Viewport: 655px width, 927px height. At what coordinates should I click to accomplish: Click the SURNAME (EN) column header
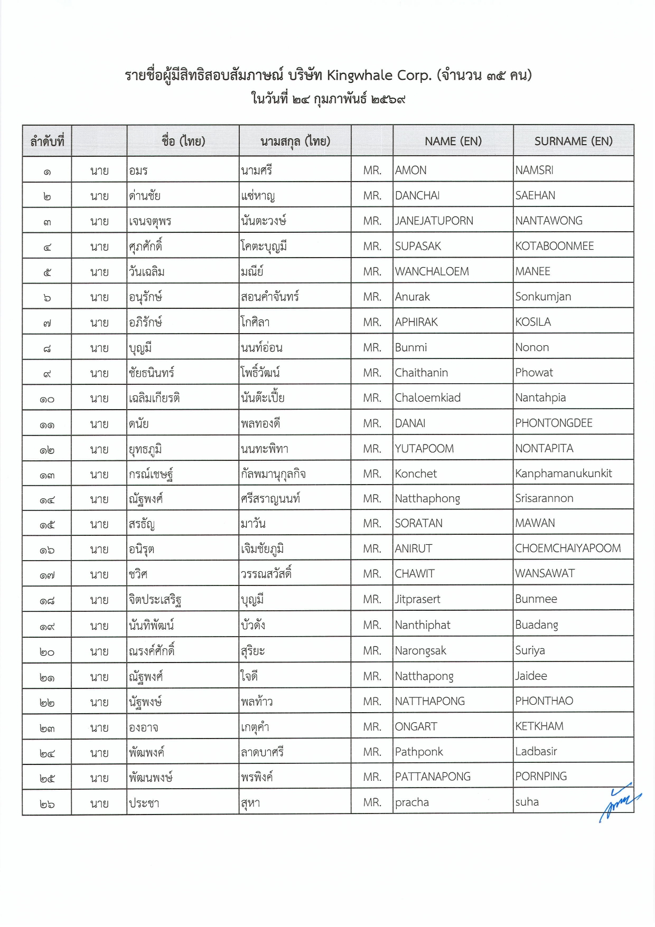(573, 141)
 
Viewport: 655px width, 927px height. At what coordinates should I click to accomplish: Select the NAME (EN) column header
(453, 141)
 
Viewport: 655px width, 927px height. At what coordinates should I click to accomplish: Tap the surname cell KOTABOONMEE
(554, 246)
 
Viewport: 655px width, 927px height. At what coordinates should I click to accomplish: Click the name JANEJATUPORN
(434, 221)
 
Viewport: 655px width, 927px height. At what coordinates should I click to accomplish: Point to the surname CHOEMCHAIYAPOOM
(568, 548)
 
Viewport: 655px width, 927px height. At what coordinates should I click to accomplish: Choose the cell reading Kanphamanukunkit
(563, 474)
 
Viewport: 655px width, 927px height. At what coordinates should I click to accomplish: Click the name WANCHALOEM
(432, 271)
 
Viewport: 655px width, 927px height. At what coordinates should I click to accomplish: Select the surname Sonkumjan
(543, 297)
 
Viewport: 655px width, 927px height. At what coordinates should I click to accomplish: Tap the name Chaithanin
(421, 373)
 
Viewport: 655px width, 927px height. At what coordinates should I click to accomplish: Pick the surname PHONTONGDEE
(554, 423)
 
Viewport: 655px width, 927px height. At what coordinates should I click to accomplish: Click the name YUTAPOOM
(424, 449)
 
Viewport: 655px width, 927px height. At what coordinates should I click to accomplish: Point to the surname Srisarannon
(544, 498)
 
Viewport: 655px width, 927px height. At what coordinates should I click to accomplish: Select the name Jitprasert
(417, 599)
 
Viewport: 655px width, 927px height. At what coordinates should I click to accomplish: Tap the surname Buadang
(536, 625)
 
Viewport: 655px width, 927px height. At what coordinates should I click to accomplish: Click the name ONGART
(416, 727)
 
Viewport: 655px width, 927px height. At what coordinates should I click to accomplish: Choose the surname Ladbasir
(536, 752)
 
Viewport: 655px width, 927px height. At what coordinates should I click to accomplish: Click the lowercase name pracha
(411, 802)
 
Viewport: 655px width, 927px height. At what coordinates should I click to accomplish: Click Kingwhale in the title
(359, 75)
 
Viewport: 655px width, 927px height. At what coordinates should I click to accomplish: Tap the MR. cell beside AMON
(372, 171)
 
